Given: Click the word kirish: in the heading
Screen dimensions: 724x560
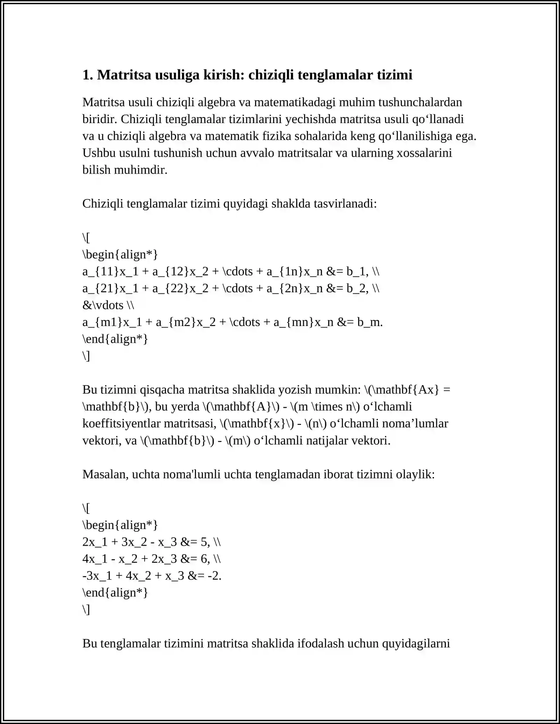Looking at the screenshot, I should pyautogui.click(x=224, y=75).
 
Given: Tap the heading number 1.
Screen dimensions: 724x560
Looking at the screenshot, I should pyautogui.click(x=87, y=75).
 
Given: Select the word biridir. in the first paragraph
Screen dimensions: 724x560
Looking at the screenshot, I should pyautogui.click(x=100, y=119).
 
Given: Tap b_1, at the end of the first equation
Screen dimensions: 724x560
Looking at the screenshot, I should pyautogui.click(x=357, y=271).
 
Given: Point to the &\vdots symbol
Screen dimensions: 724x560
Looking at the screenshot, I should pyautogui.click(x=103, y=305).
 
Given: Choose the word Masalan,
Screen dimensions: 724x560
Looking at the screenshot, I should pyautogui.click(x=105, y=474).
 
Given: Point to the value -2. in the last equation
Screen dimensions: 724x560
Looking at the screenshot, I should pyautogui.click(x=215, y=576).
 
